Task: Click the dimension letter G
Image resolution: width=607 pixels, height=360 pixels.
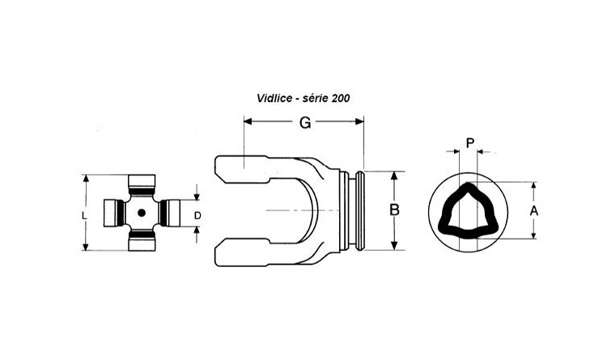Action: tap(305, 122)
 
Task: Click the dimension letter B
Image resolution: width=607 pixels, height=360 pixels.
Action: tap(394, 210)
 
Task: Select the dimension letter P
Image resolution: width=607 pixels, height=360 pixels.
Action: tap(470, 143)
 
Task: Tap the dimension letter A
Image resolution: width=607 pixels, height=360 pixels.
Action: tap(534, 211)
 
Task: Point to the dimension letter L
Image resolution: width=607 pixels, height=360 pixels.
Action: tap(84, 216)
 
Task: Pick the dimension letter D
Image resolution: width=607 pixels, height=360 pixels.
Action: tap(197, 216)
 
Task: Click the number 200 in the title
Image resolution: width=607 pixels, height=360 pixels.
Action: tap(341, 99)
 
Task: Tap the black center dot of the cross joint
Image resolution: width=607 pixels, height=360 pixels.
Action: tap(142, 213)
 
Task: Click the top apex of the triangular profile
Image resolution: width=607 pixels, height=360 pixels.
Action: tap(469, 184)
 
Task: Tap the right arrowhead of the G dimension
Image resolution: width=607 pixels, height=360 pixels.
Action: tap(359, 122)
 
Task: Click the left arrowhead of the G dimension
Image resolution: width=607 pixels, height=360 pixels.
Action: tap(248, 122)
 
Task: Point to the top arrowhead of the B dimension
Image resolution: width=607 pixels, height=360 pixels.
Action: tap(394, 176)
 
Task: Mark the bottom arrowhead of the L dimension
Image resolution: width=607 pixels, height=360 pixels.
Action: tap(86, 246)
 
